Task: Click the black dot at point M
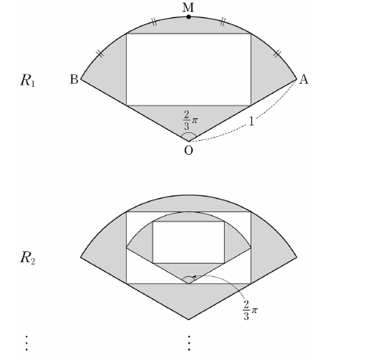[189, 17]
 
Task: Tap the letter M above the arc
[188, 8]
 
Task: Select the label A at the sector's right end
[304, 79]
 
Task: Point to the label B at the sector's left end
[74, 79]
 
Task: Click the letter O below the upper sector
[189, 150]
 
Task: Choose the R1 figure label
[27, 81]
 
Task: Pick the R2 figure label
[27, 258]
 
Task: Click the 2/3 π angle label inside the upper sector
[190, 121]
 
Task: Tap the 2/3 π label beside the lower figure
[250, 310]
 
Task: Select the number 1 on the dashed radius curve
[251, 121]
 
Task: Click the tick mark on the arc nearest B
[100, 54]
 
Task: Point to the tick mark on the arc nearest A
[277, 54]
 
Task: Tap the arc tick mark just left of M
[154, 22]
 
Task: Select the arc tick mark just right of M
[222, 22]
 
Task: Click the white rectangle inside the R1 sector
[189, 70]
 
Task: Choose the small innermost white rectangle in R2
[189, 243]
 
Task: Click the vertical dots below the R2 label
[27, 343]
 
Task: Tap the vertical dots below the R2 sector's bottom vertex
[189, 343]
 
